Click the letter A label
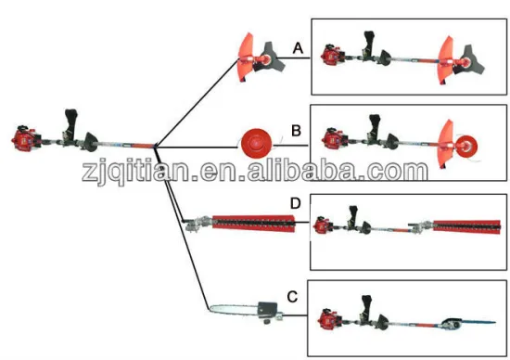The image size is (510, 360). tap(297, 46)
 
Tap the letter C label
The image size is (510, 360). tap(292, 298)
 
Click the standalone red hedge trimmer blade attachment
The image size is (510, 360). tap(255, 224)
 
